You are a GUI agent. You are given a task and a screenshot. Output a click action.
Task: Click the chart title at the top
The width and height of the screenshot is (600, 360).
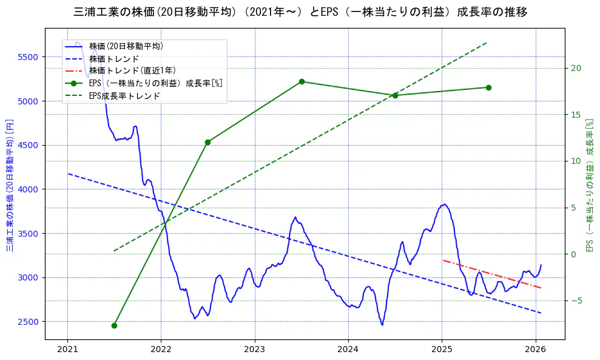[300, 12]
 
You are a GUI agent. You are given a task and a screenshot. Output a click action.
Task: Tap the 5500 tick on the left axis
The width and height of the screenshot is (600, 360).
[28, 57]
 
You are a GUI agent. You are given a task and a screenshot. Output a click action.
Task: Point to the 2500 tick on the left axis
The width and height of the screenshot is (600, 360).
[28, 322]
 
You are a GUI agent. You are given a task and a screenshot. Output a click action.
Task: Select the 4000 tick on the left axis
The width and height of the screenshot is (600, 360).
[28, 189]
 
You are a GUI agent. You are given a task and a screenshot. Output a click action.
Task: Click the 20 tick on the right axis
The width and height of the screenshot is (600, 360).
[575, 68]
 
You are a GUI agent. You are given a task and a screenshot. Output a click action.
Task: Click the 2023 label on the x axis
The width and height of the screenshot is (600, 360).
[254, 350]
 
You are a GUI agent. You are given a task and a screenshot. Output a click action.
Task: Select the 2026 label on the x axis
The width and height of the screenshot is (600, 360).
[535, 350]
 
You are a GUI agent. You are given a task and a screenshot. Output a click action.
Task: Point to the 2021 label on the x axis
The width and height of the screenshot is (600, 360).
[67, 350]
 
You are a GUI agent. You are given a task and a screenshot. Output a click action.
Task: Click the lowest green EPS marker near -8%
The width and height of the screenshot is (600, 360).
[114, 325]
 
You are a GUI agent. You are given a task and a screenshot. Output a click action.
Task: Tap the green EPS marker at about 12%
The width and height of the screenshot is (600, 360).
[207, 142]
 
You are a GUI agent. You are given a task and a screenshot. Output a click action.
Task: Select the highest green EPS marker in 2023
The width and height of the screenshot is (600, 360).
[302, 81]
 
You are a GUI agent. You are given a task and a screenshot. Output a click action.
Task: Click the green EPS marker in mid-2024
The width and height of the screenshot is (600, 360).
[395, 95]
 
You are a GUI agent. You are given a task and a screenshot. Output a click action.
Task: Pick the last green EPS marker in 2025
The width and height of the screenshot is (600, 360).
[488, 87]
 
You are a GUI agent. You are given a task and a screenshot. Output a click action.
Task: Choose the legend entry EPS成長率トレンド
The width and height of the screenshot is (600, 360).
[124, 96]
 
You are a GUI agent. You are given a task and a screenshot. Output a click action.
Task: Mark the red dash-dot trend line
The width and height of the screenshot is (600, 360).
[491, 274]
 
